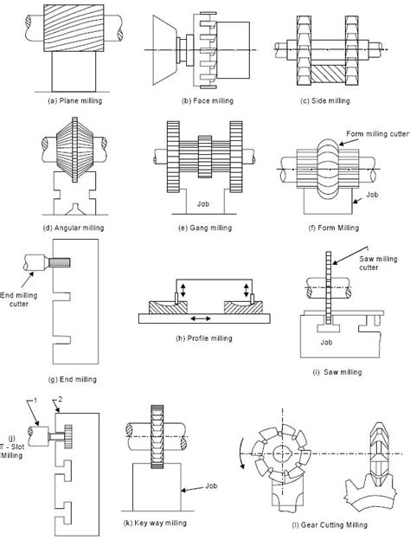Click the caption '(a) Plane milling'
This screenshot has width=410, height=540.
[x=74, y=101]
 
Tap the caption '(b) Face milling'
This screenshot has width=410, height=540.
[x=208, y=101]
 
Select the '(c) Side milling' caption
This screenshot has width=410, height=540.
[x=325, y=101]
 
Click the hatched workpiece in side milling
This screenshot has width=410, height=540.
[x=328, y=74]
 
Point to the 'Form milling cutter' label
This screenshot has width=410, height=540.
[x=378, y=134]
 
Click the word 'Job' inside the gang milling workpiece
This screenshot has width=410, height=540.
[x=203, y=204]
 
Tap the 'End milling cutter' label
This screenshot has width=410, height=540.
[x=18, y=299]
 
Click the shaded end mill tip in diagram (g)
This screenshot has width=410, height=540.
[x=60, y=262]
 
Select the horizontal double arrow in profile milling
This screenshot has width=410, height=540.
[x=201, y=319]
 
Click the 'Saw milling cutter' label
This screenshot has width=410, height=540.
[x=378, y=263]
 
